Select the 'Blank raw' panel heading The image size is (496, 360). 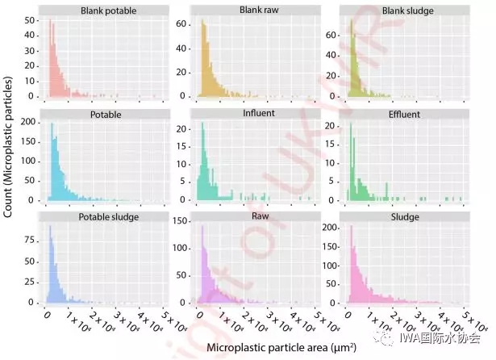point(255,10)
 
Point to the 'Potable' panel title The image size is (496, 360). point(106,115)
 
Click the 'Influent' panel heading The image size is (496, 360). point(255,115)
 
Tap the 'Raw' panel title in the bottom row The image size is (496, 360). point(255,217)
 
